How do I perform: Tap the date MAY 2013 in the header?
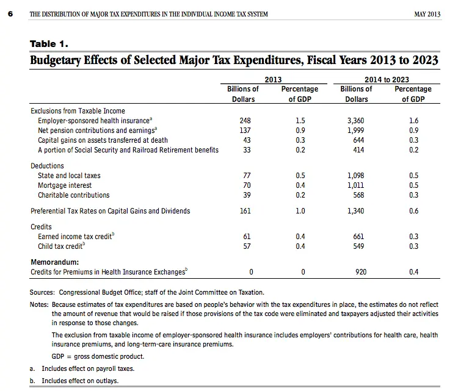click(x=427, y=14)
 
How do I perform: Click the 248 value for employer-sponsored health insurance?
click(x=245, y=121)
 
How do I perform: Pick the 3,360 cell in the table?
click(x=356, y=121)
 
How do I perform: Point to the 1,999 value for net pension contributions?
click(x=356, y=131)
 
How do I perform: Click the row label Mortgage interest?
click(x=65, y=185)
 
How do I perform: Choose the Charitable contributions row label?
click(x=74, y=195)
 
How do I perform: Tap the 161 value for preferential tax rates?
click(x=245, y=211)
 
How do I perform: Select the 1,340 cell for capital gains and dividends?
click(x=356, y=211)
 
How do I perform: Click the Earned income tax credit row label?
click(x=75, y=237)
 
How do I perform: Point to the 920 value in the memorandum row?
click(x=360, y=272)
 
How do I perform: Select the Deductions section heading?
click(x=47, y=166)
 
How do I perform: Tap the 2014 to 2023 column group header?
click(x=387, y=80)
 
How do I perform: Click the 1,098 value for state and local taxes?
click(x=356, y=176)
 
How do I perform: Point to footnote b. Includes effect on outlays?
click(x=79, y=381)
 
